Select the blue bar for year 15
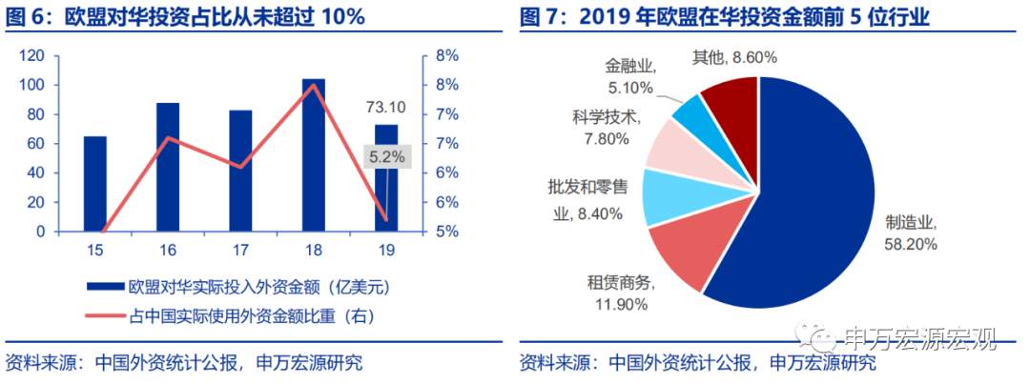(x=95, y=184)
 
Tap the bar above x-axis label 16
(x=168, y=167)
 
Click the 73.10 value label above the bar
(x=386, y=107)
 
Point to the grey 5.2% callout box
(x=387, y=155)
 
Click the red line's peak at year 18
(x=314, y=86)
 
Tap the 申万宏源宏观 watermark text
(x=919, y=338)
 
